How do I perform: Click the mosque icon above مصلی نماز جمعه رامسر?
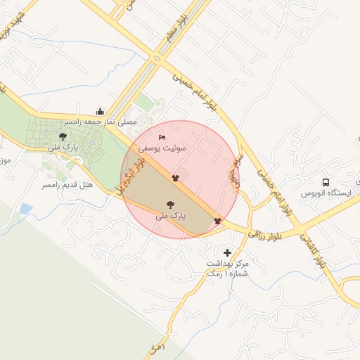tap(100, 110)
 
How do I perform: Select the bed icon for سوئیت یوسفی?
tap(162, 137)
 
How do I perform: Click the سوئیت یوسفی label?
tap(162, 148)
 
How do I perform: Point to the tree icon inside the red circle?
tap(170, 205)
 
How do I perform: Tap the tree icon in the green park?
tap(63, 136)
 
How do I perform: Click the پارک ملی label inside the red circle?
tap(170, 217)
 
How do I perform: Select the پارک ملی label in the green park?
tap(63, 148)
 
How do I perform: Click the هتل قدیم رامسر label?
tap(67, 184)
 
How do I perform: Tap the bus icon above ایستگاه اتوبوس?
tap(326, 181)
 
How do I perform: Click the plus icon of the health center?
tap(227, 252)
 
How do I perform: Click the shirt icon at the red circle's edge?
tap(217, 220)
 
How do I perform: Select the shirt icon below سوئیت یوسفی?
tap(175, 179)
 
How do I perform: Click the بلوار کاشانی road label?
tap(314, 252)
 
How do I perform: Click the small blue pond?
tap(27, 208)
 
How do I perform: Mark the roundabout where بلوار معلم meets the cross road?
tap(156, 59)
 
